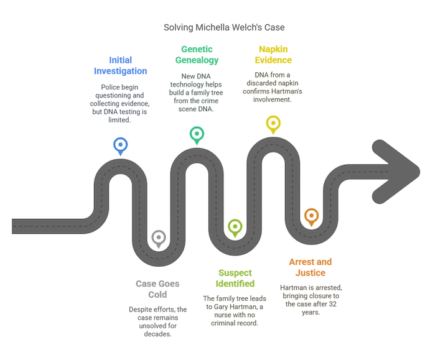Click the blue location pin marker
click(120, 145)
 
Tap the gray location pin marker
click(159, 238)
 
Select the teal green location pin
click(197, 135)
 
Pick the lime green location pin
click(235, 228)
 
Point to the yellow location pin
click(273, 124)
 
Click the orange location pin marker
click(312, 217)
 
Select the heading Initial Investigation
click(120, 65)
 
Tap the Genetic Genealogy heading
click(197, 55)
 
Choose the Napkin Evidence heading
click(273, 55)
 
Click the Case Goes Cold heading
click(157, 289)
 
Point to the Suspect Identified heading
click(235, 278)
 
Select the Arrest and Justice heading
click(310, 267)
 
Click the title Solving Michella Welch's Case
click(224, 27)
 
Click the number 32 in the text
click(332, 304)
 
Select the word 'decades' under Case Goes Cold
click(157, 334)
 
